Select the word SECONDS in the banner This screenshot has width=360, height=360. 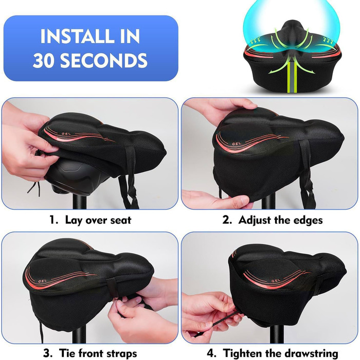(x=103, y=60)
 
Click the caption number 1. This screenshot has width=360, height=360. (x=53, y=220)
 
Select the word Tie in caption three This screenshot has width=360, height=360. (x=66, y=353)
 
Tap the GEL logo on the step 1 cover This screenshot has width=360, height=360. (x=66, y=133)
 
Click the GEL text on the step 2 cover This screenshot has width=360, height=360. (x=237, y=143)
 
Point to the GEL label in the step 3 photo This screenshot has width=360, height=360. (x=43, y=281)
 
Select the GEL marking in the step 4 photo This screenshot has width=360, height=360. (x=276, y=281)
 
